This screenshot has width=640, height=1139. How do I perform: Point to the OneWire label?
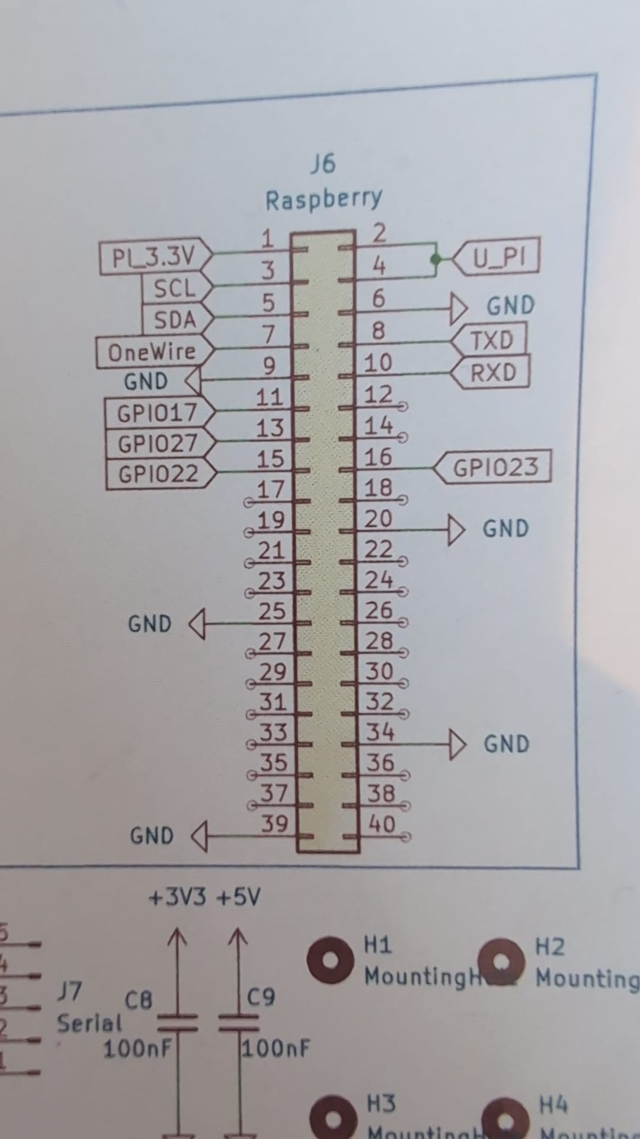[152, 352]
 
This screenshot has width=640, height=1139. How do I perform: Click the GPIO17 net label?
[157, 413]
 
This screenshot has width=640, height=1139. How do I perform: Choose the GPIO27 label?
[158, 443]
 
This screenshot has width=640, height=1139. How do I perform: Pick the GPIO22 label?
[158, 474]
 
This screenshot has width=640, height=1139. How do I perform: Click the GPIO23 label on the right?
[495, 467]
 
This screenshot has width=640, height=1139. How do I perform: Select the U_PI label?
[498, 257]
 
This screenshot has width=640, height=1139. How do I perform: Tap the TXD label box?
[491, 341]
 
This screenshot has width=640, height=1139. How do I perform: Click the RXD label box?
[493, 373]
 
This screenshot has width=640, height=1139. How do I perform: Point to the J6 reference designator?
[323, 164]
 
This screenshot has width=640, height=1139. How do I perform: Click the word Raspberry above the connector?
[324, 200]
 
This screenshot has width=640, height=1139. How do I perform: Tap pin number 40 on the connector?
[381, 823]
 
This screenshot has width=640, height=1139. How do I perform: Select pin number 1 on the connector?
[268, 239]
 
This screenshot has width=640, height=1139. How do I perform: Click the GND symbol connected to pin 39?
[199, 836]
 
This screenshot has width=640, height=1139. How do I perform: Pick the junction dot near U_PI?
[436, 259]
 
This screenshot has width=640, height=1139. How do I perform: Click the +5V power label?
[238, 897]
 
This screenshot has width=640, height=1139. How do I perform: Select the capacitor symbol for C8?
[177, 1023]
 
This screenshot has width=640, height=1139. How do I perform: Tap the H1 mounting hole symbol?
[331, 960]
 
